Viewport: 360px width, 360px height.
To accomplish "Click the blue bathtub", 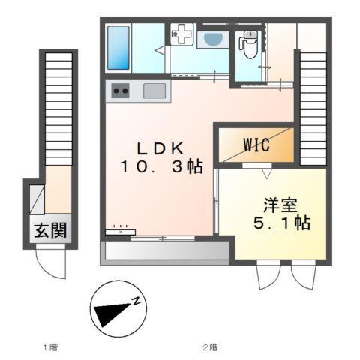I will (118, 46).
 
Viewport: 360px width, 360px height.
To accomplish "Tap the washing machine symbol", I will (181, 34).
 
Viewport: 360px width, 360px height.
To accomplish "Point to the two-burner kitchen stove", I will (120, 91).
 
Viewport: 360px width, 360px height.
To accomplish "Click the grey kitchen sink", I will (154, 91).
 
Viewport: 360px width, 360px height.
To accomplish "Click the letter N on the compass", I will (136, 301).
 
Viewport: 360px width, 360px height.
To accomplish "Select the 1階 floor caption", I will (49, 346).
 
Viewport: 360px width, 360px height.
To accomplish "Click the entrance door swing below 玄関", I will (49, 264).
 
